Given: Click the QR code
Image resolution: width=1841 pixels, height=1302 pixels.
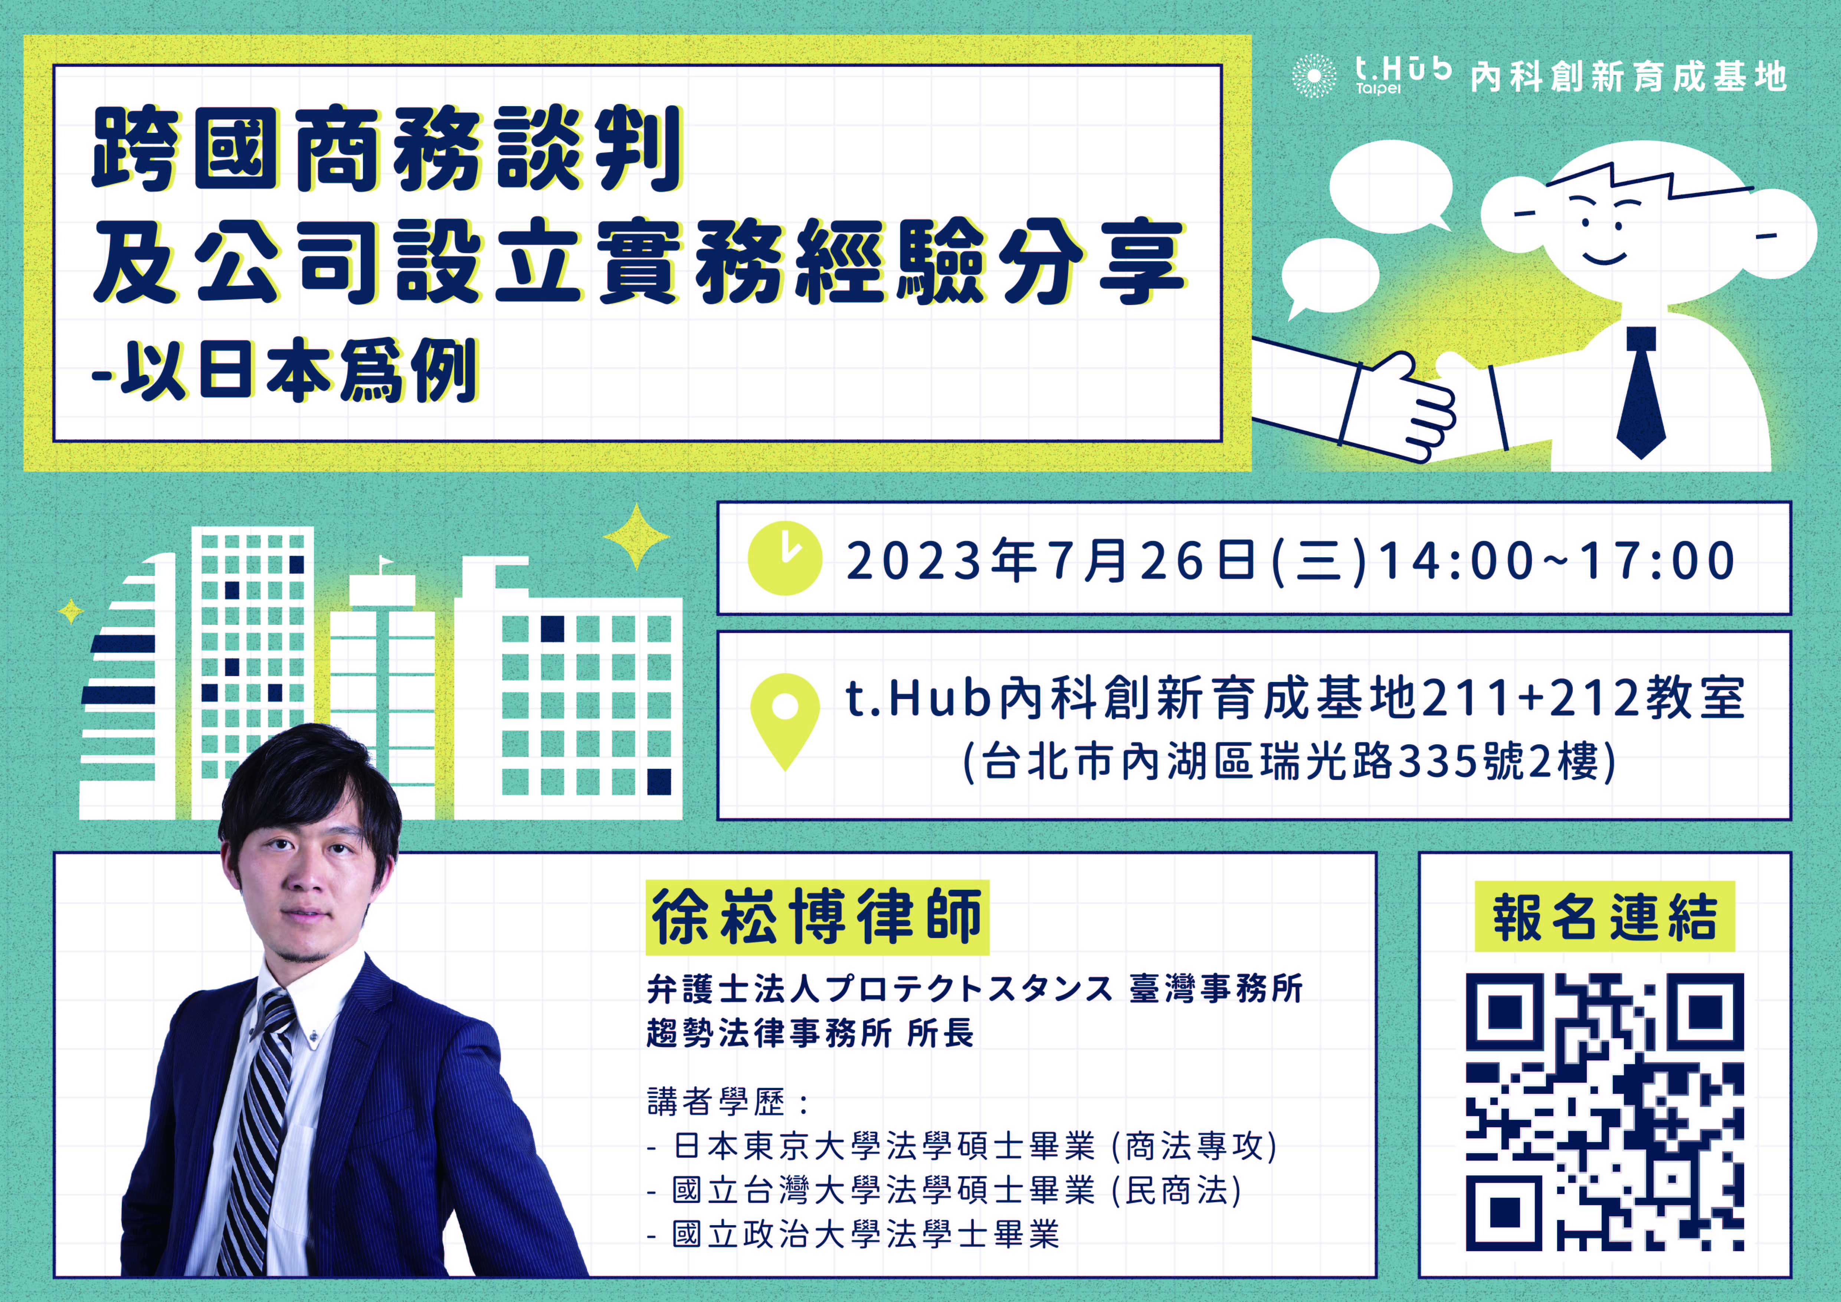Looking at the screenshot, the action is tap(1605, 1112).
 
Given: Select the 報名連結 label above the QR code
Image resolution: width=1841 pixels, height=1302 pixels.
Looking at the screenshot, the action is tap(1605, 916).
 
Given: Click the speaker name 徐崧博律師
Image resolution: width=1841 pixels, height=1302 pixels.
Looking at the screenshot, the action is tap(817, 916).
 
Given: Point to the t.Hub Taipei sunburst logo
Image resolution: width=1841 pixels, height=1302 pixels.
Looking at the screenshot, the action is tap(1314, 76).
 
